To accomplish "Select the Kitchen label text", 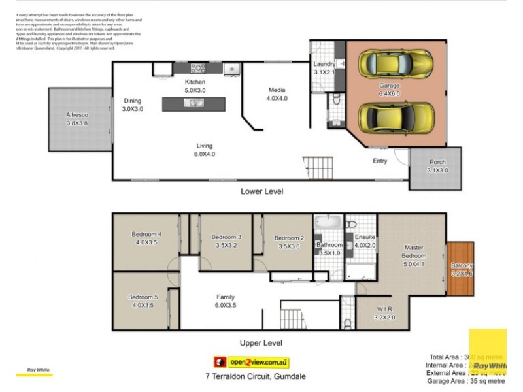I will coord(194,82).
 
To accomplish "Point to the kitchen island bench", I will coord(194,103).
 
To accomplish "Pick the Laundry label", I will coord(324,64).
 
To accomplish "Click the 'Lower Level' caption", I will coord(262,191).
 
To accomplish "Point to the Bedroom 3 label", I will coord(226,237).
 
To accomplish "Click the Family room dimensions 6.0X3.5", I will coord(226,305).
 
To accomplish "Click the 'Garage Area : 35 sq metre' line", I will coord(466,380).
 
